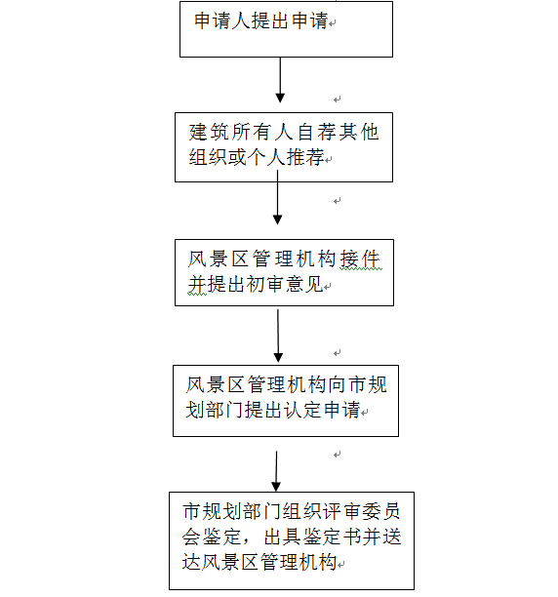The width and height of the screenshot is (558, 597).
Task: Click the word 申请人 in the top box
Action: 221,20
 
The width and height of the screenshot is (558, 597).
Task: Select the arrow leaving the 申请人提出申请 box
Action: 280,80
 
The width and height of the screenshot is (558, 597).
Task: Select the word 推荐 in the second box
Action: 304,157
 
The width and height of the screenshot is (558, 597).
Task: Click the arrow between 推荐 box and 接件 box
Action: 277,197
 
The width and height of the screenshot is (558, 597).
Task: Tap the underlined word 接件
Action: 360,259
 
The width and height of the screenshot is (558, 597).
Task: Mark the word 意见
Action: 304,284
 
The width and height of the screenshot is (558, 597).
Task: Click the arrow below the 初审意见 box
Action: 278,336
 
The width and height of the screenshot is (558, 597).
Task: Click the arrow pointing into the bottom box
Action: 276,471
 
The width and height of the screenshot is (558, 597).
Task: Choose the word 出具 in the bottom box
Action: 282,537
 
